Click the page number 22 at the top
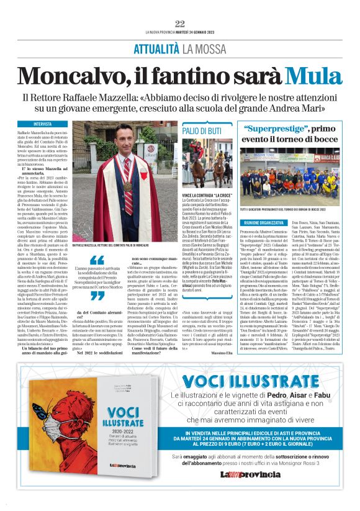tap(180, 24)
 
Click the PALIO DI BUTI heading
tap(202, 131)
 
